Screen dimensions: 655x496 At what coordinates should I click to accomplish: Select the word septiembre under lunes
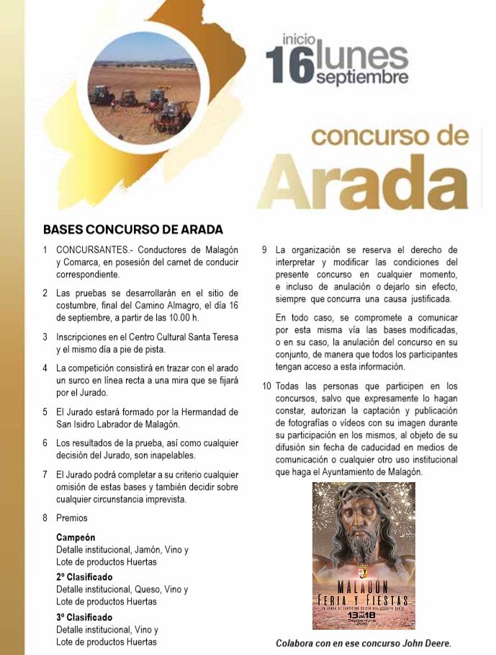(x=362, y=77)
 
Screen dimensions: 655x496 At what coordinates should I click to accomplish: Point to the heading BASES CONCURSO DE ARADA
(x=133, y=230)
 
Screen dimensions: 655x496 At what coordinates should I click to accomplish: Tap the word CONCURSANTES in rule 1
(x=92, y=250)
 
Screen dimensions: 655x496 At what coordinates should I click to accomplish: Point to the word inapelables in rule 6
(x=171, y=455)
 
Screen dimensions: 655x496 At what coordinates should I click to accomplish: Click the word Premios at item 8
(x=72, y=518)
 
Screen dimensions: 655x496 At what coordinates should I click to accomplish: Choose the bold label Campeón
(x=76, y=538)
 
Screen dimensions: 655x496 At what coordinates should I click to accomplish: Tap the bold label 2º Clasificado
(x=84, y=577)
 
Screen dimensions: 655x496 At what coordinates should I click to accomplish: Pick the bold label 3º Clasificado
(x=84, y=618)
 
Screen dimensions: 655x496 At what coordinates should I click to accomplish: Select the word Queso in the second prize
(x=148, y=589)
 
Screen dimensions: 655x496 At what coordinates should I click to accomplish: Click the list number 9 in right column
(x=264, y=250)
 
